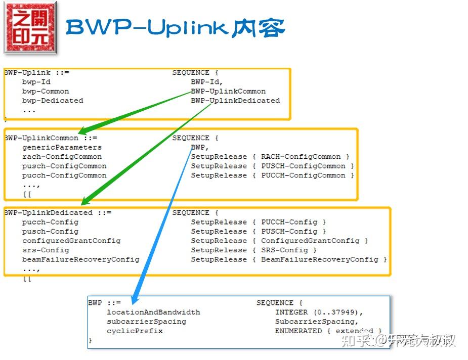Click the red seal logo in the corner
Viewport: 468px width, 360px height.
pos(30,28)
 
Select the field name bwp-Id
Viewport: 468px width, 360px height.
pos(36,82)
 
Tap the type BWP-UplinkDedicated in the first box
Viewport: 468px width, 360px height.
pos(235,101)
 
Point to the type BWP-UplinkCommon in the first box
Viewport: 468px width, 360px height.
pos(228,92)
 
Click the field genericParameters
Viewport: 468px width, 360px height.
pos(62,148)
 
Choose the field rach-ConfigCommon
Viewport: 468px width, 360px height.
pos(62,157)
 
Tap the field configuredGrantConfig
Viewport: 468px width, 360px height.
pos(71,241)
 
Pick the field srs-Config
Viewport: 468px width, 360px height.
pos(46,250)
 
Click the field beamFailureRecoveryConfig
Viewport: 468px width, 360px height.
pos(80,259)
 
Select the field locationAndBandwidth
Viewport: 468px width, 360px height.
pos(153,312)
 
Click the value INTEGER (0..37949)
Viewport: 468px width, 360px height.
pos(319,312)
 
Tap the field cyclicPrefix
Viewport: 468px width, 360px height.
pos(135,331)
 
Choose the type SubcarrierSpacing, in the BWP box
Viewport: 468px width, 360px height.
pos(316,322)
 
